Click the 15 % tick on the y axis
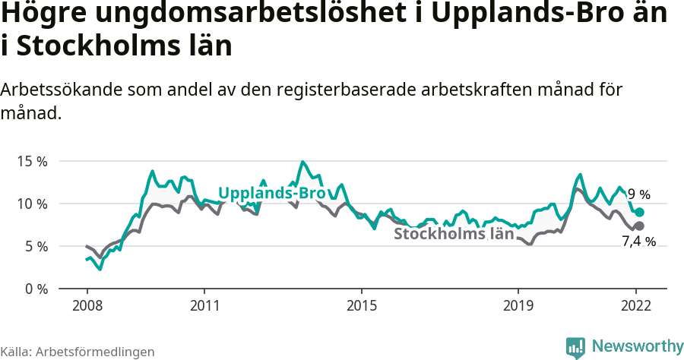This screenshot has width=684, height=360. pos(31,161)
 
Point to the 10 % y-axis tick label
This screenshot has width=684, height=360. pos(31,204)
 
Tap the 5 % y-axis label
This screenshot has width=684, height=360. pos(34,246)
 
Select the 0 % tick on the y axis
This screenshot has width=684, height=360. pos(34,289)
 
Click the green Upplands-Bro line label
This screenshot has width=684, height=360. pos(272,194)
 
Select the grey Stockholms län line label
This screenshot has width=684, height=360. pos(454,234)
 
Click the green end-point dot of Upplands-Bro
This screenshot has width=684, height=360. pos(639,213)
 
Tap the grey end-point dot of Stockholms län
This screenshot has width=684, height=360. pos(639,226)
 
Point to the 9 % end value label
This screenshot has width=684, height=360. pos(639,194)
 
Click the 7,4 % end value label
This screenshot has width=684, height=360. pos(638,242)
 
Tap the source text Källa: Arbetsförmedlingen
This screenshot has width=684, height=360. pos(78,352)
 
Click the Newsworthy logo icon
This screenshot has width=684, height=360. pos(575,347)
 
